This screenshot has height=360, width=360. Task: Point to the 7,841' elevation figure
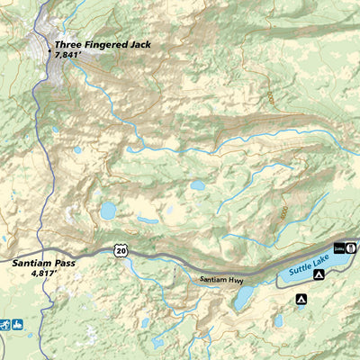(67, 55)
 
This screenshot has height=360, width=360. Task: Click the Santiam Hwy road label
(222, 280)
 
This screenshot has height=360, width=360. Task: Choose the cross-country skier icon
(5, 324)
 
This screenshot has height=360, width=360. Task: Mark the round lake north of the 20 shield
(108, 211)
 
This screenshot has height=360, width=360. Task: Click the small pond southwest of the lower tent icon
(280, 320)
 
